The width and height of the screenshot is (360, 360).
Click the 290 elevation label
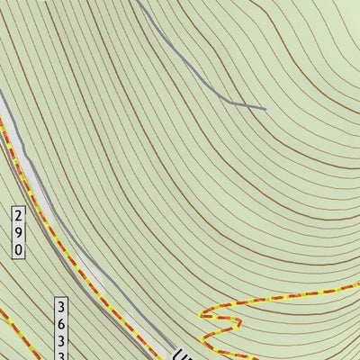click(19, 233)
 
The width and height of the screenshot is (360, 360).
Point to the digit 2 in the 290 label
click(19, 216)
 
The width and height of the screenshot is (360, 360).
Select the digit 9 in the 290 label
click(19, 232)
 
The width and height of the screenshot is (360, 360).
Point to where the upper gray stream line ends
click(265, 109)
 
